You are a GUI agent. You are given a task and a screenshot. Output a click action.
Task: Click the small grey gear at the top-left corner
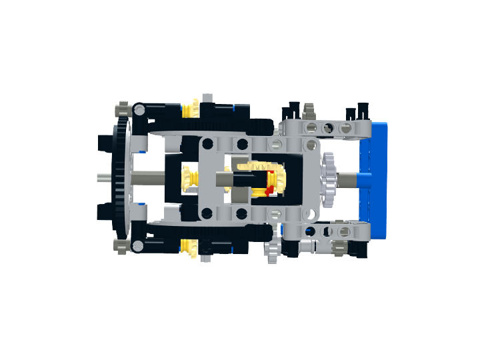pyautogui.click(x=122, y=109)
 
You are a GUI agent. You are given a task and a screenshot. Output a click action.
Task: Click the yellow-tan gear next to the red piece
pyautogui.click(x=279, y=179)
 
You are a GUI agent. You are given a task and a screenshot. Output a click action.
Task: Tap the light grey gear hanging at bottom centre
pyautogui.click(x=273, y=251)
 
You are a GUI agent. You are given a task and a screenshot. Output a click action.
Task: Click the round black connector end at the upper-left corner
pyautogui.click(x=138, y=109)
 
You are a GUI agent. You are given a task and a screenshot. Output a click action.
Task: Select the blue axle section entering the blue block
pyautogui.click(x=353, y=178)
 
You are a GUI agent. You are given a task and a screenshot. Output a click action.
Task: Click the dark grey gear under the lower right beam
pyautogui.click(x=338, y=249)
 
